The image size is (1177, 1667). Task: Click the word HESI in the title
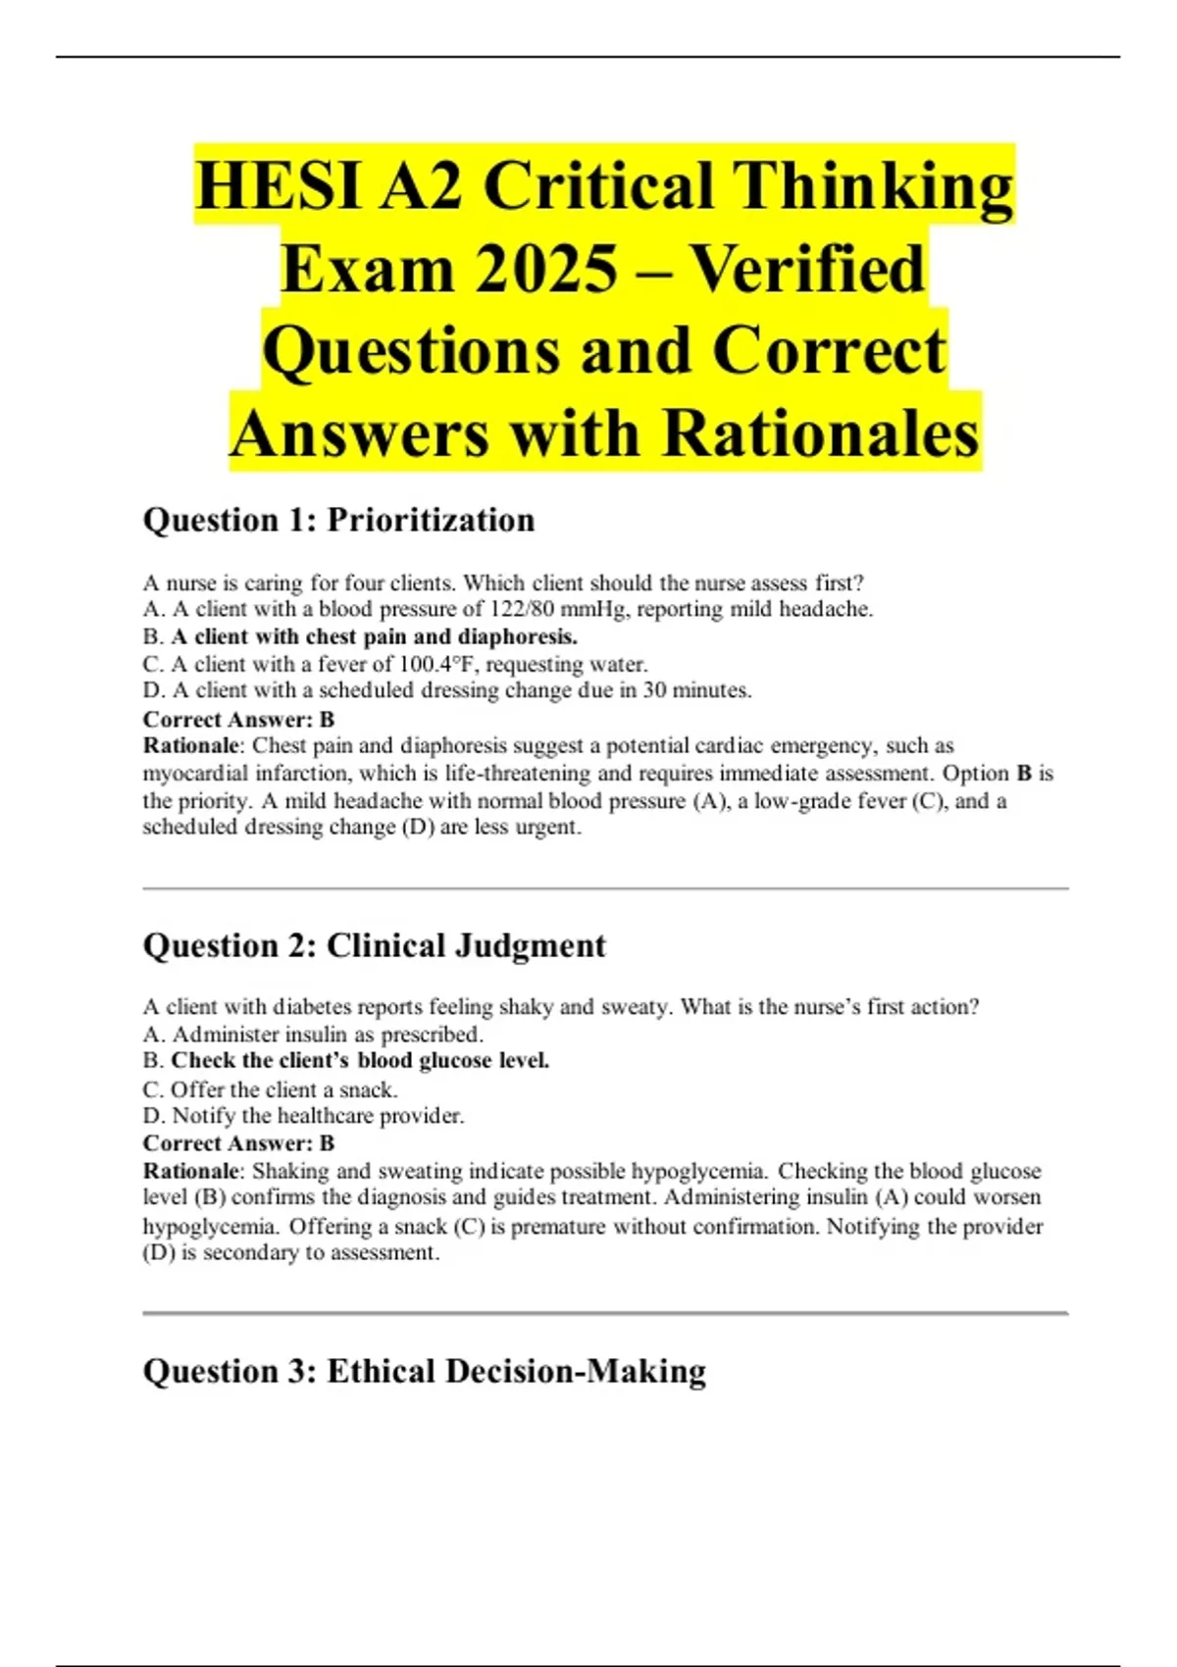point(278,186)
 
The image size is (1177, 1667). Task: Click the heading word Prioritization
point(431,520)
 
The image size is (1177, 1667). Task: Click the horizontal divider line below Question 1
point(605,889)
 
